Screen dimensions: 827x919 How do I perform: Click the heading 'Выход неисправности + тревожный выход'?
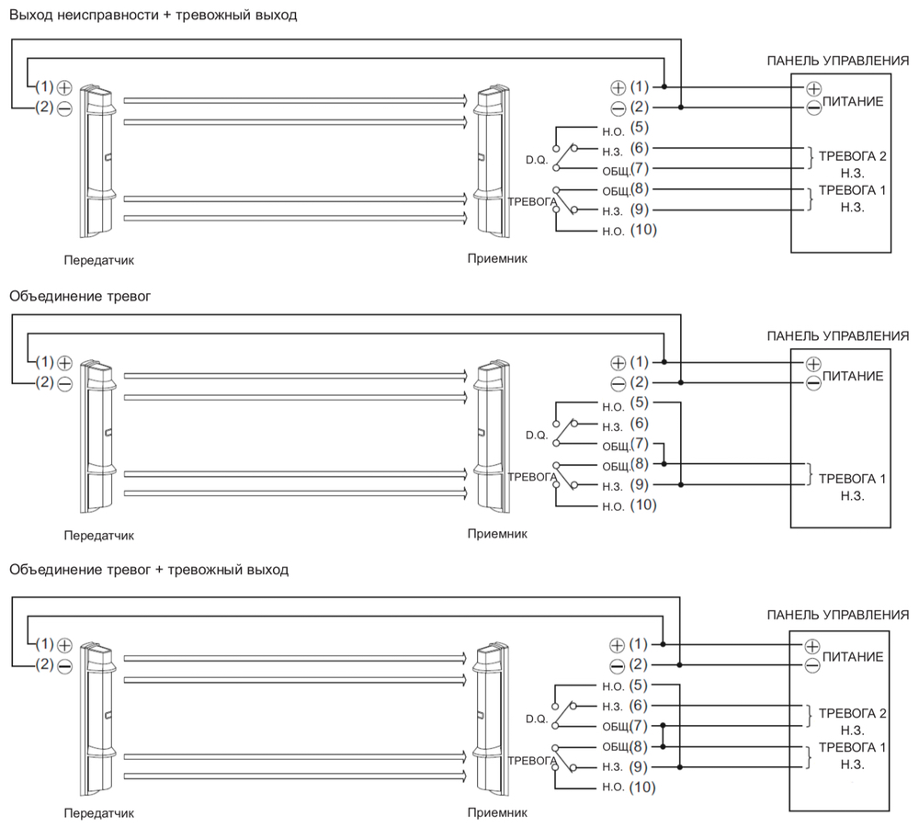153,16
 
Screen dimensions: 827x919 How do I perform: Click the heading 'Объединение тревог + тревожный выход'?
149,570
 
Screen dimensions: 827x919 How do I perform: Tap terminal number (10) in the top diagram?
643,230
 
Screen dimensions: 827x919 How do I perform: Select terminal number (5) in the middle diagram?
641,402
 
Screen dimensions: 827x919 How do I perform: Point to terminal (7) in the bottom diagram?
641,726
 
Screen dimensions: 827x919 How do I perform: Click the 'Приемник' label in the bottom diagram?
497,812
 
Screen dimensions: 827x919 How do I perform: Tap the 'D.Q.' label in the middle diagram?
536,434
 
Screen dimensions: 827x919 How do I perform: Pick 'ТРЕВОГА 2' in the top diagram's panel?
852,155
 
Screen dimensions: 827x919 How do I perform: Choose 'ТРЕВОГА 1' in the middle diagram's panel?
852,479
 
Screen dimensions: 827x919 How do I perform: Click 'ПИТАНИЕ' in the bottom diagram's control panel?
854,657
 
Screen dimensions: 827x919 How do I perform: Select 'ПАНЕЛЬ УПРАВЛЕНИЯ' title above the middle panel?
838,336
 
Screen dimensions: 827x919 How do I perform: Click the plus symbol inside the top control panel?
813,88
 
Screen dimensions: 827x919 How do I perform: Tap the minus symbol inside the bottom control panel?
812,665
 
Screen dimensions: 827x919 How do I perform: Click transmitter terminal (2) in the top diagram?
44,108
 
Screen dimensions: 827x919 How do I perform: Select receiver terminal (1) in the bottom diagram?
641,644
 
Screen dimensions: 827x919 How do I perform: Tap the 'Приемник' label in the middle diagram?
497,533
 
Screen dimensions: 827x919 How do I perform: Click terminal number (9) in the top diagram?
641,210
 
